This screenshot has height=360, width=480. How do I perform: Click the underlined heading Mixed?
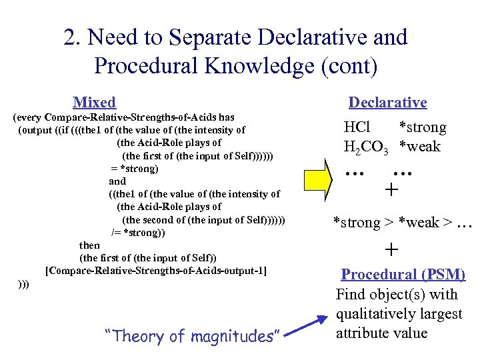94,102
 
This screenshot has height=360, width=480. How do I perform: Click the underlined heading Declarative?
387,102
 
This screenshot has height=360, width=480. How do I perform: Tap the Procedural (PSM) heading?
403,275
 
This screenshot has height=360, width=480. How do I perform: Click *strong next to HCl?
422,127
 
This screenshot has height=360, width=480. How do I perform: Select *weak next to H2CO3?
419,147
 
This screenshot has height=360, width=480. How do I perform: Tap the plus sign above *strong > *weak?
391,191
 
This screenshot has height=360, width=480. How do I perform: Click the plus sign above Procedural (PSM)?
391,249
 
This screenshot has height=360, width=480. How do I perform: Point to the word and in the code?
117,181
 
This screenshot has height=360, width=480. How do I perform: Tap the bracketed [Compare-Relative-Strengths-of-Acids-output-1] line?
156,271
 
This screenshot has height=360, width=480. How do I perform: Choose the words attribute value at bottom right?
382,333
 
